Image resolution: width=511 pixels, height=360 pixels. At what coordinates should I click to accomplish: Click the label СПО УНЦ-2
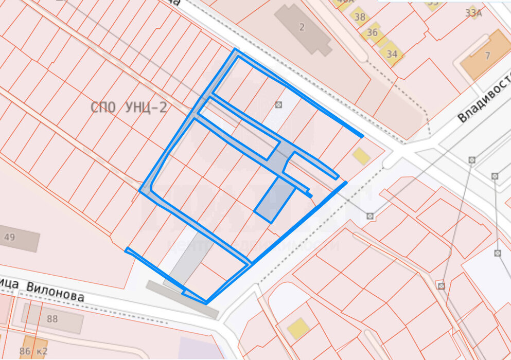coord(129,107)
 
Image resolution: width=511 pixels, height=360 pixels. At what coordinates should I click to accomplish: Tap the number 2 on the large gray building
coord(302,28)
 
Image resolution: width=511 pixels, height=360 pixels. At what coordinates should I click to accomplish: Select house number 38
coord(360,17)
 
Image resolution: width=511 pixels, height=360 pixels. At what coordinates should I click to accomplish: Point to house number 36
coord(373,32)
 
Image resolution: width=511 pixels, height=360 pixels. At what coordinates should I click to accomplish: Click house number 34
coord(392,53)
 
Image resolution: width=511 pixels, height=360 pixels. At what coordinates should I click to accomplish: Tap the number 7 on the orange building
coord(487,56)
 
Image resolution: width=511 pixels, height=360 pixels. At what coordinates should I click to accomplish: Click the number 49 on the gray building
coord(9,237)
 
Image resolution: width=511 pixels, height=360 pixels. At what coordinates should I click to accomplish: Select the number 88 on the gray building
coord(52,319)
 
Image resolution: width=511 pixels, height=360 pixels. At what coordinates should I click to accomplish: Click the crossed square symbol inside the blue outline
coord(279,105)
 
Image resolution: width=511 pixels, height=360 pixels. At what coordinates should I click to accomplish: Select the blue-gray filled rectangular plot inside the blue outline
coord(275,200)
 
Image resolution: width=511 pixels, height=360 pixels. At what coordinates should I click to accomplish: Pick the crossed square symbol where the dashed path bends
coord(370,215)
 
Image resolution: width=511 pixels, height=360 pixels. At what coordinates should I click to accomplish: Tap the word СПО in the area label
coord(100,107)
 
